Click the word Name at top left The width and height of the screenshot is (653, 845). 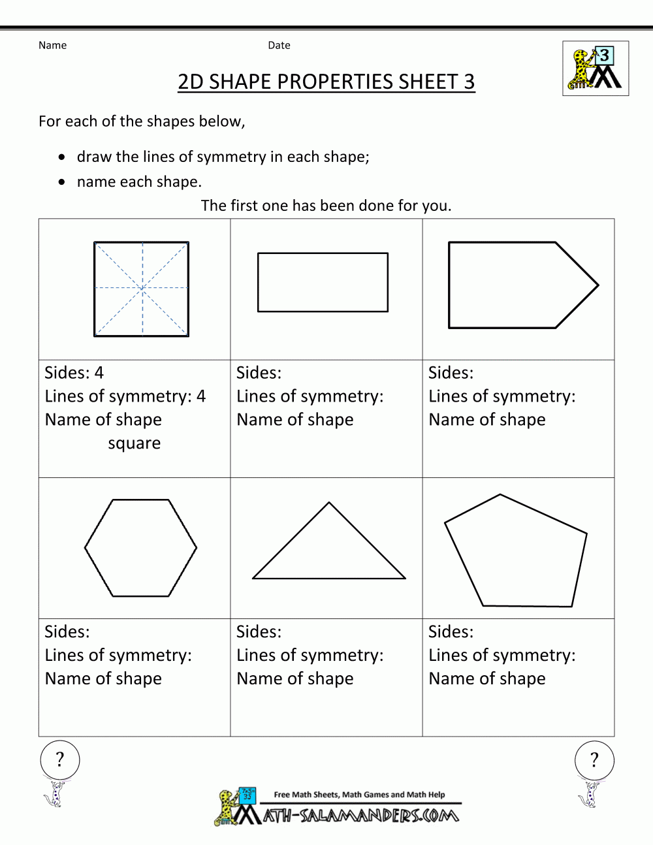point(52,45)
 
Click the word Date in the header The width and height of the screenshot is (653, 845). point(279,45)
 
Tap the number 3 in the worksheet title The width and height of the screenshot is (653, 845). point(469,82)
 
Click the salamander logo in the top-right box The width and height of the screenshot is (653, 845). point(596,69)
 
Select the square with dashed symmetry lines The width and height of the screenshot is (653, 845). point(142,289)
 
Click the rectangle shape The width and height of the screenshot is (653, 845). point(323,282)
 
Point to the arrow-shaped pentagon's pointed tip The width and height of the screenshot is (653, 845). point(596,285)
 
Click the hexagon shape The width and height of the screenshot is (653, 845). point(140,548)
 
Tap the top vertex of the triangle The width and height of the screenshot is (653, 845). point(329,503)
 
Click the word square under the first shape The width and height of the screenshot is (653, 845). point(134,443)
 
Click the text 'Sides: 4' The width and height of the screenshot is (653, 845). point(74,373)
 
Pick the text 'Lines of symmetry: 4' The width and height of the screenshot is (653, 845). point(125,396)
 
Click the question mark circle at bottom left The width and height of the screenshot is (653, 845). point(60,759)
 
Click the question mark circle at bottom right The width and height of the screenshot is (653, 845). point(594,759)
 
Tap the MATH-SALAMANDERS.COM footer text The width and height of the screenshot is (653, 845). point(361,815)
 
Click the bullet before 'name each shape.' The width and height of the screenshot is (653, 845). point(62,182)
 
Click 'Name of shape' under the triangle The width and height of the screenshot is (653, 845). point(295,678)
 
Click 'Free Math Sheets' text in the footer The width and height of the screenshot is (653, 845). point(306,795)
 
